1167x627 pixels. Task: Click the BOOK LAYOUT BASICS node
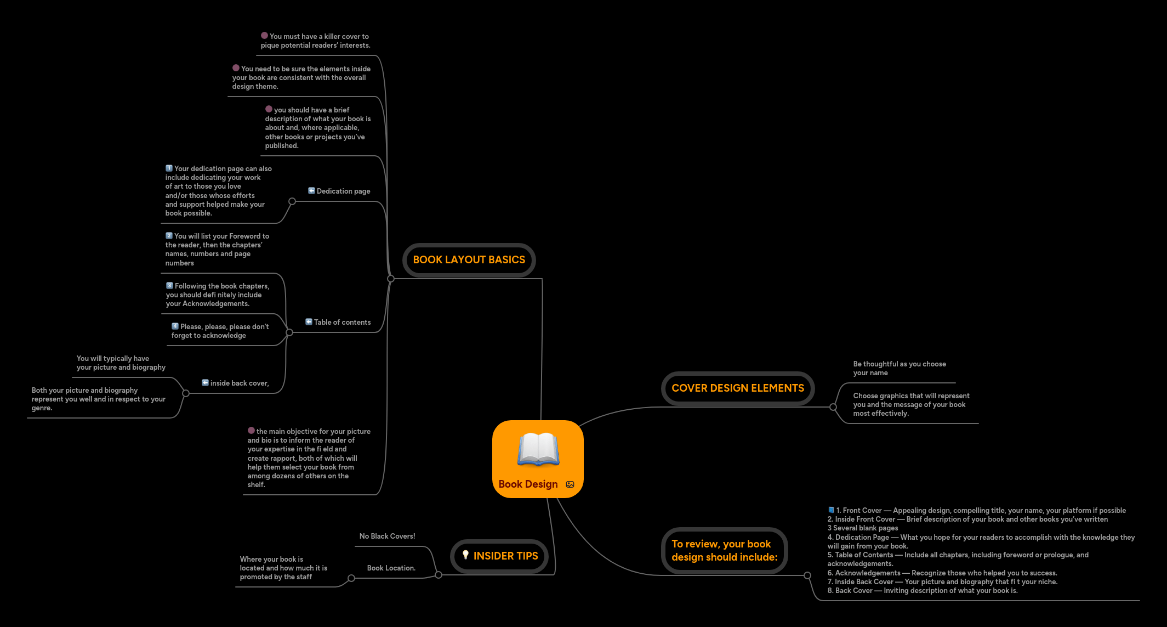469,260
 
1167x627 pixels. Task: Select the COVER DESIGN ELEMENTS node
737,388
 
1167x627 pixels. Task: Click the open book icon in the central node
538,449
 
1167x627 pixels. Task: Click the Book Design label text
528,484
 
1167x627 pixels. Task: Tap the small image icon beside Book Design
570,484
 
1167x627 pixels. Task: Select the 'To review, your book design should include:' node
724,550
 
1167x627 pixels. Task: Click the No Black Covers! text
387,536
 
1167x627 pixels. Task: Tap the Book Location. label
391,568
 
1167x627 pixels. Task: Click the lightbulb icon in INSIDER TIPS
465,555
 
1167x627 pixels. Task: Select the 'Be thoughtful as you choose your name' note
899,369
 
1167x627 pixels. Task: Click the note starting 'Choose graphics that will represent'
910,405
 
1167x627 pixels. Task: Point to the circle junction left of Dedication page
292,201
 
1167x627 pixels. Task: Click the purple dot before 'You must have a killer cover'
264,36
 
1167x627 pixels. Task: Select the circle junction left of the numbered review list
807,575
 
